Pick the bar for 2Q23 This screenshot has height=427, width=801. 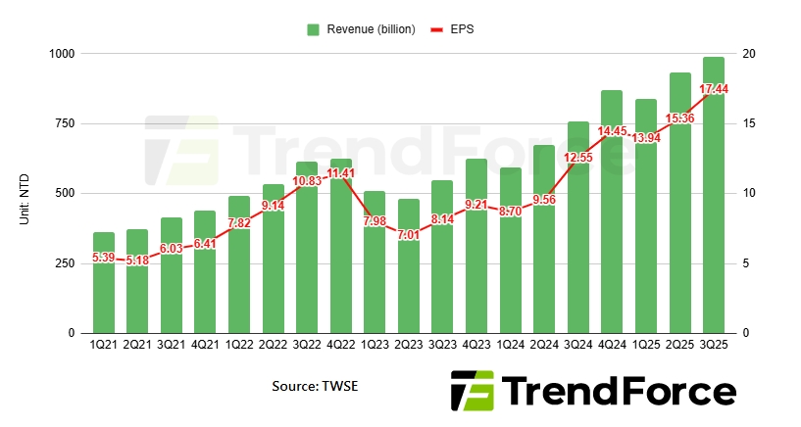coord(409,284)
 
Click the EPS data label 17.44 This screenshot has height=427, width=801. coord(713,89)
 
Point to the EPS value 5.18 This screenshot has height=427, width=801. coord(137,261)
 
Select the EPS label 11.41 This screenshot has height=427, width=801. coord(341,173)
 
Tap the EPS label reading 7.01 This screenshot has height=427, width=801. coord(409,235)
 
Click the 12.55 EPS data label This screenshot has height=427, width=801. coord(577,158)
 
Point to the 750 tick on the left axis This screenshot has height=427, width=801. coord(63,123)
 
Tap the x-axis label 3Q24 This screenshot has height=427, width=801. coord(577,346)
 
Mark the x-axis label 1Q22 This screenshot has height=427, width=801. coord(239,346)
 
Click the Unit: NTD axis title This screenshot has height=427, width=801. coord(24,193)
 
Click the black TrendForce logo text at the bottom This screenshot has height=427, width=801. coord(620,393)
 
